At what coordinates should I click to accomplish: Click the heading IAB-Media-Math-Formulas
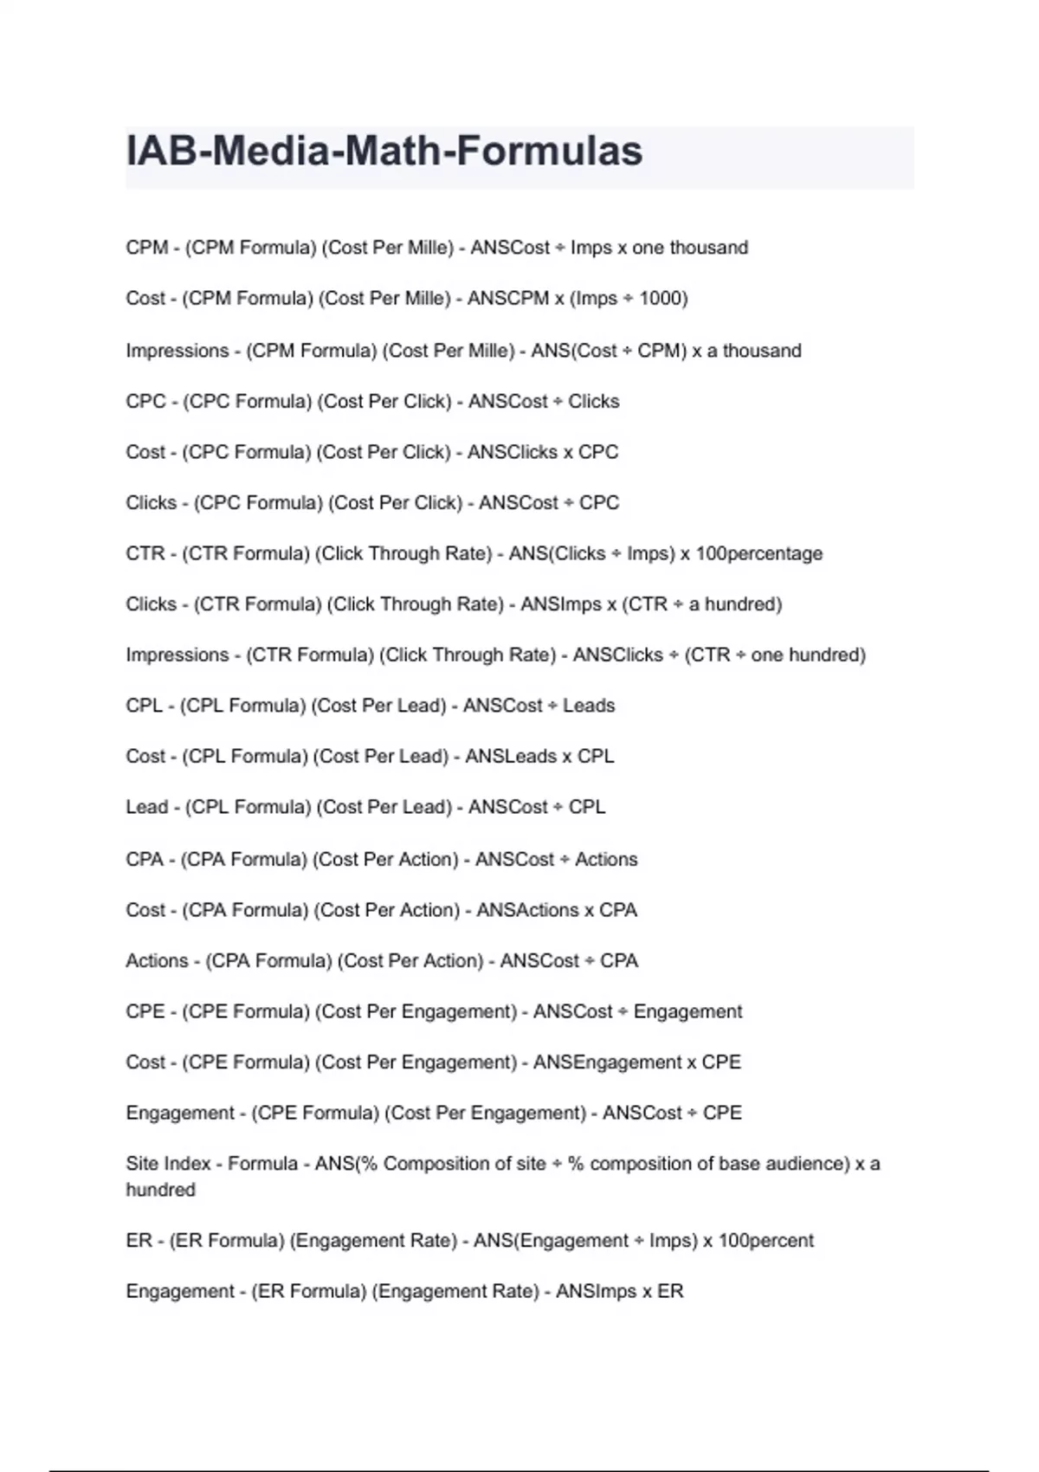click(x=384, y=152)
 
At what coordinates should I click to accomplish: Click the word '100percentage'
click(x=759, y=553)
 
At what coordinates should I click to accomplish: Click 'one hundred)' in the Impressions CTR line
click(x=808, y=655)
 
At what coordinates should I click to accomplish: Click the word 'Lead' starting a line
click(x=147, y=807)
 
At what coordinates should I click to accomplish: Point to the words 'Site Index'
click(x=168, y=1164)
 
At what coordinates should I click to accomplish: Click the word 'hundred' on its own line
click(x=160, y=1190)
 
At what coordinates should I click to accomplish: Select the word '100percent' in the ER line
click(x=765, y=1241)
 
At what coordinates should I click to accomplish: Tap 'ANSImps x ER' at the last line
click(x=619, y=1292)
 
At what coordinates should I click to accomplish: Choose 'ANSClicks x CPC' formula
click(x=543, y=452)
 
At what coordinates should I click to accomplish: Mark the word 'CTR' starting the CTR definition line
click(x=145, y=553)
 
